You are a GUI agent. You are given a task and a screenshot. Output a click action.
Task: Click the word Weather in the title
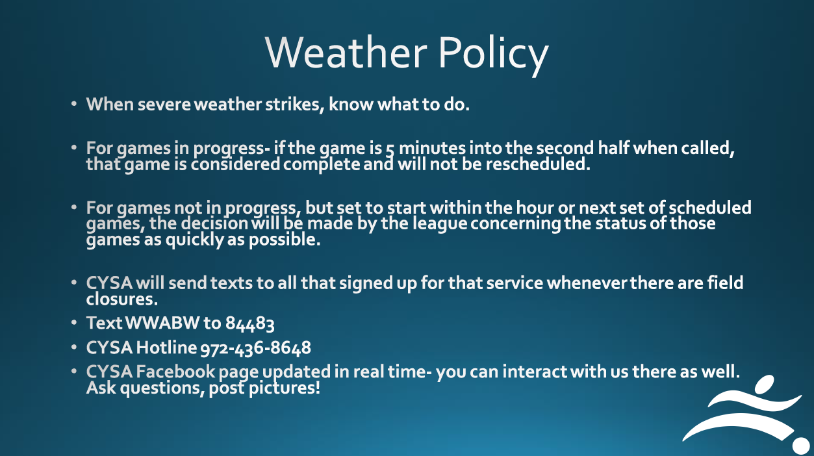coord(346,52)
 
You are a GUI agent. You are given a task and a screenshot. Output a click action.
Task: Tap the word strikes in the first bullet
coord(295,105)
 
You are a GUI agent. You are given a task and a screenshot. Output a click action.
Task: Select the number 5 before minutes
coord(390,149)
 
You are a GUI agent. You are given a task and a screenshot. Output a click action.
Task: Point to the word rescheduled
coord(538,164)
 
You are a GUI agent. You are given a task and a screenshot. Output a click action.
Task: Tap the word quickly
coord(194,240)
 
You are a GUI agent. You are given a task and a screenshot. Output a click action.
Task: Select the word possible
coord(285,240)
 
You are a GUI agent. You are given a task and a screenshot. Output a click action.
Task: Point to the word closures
coord(121,299)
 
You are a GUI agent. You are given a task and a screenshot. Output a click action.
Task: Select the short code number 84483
coord(249,323)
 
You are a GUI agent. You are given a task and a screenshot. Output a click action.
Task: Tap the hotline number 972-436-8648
coord(256,348)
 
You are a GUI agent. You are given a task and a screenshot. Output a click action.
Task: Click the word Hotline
coord(166,348)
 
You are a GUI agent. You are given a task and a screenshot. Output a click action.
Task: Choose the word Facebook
coord(176,372)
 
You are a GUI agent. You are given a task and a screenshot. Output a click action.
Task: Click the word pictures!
coord(284,388)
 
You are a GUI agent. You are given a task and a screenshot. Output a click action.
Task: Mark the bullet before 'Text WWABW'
coord(74,323)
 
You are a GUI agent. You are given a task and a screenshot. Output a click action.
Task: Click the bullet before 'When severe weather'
coord(74,104)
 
